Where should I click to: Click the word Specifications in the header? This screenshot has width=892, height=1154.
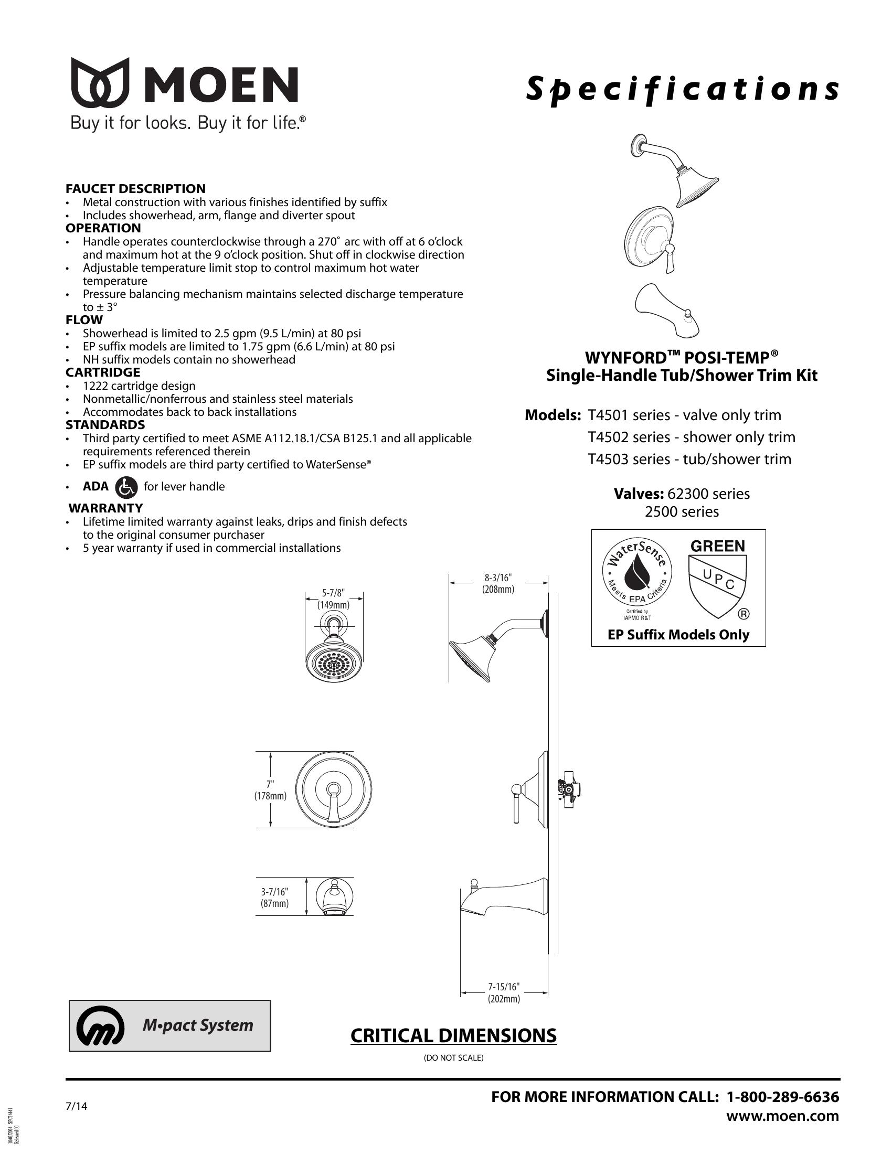[x=682, y=89]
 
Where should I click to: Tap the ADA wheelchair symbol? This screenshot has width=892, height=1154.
[x=126, y=487]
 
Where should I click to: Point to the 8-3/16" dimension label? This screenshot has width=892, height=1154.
[x=498, y=583]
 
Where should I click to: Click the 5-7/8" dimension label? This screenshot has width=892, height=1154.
[x=333, y=599]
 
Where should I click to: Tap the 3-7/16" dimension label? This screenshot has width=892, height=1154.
[x=275, y=897]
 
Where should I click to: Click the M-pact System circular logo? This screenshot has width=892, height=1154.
[x=100, y=1026]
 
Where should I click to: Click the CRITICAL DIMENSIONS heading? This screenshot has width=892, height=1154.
[x=453, y=1035]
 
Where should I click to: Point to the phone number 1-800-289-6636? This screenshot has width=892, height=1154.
[x=783, y=1097]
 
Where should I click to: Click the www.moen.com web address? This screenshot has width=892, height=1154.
[x=783, y=1115]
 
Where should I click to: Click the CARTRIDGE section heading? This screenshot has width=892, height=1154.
[x=102, y=372]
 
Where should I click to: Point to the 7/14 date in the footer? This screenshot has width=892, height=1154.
[x=76, y=1106]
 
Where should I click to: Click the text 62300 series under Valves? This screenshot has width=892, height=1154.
[x=708, y=494]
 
